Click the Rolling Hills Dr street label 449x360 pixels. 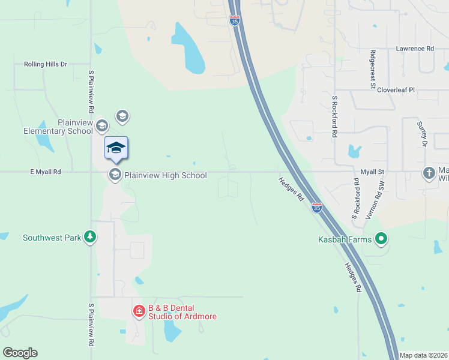pos(46,64)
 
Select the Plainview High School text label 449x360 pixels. pos(165,175)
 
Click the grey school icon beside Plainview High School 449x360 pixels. pos(114,175)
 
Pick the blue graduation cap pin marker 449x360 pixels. pos(116,148)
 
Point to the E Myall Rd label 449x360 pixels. pos(46,172)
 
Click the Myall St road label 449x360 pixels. pos(372,172)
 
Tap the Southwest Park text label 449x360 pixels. pos(52,238)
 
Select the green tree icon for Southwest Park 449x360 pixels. pos(90,237)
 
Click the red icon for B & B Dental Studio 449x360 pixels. pos(139,311)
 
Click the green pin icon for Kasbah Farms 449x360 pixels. pos(381,240)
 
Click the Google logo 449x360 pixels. pos(20,353)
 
